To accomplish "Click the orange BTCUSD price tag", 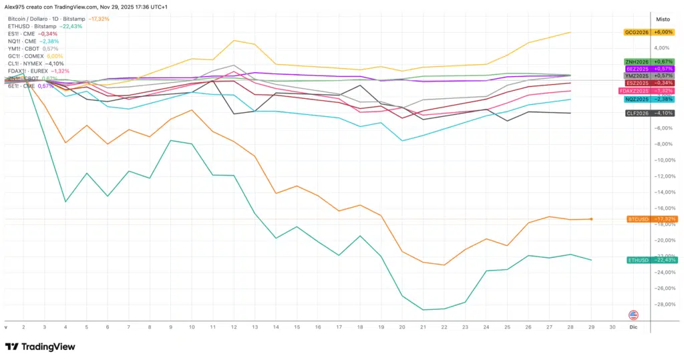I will pos(643,219).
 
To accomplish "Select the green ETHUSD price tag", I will pos(643,260).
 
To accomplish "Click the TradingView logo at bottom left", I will pos(40,347).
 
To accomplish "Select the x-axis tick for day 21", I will pos(423,328).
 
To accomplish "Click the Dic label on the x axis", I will pos(633,328).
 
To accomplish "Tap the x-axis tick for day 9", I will pos(171,328).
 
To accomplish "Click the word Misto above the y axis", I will pos(663,19).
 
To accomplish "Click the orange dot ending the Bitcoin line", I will pos(591,219).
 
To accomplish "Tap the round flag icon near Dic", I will pos(634,315).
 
